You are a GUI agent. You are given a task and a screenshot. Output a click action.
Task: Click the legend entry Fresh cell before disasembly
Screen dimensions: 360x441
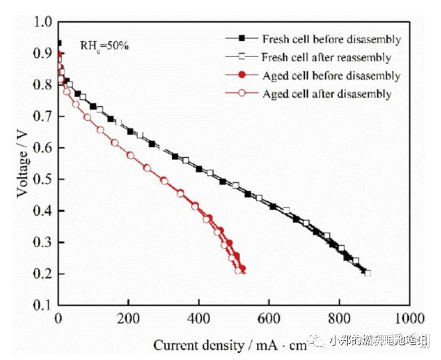click(x=331, y=39)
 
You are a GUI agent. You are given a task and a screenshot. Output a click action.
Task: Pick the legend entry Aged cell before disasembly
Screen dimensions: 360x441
click(x=331, y=76)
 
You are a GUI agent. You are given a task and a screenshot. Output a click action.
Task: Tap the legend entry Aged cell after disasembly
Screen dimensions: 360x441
click(x=327, y=94)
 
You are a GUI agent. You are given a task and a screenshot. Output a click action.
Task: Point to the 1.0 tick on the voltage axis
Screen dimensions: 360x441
click(x=43, y=22)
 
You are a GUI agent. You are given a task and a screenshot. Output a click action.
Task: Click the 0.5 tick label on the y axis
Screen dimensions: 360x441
click(x=43, y=180)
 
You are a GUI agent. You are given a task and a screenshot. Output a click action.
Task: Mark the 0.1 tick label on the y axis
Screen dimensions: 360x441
click(x=43, y=306)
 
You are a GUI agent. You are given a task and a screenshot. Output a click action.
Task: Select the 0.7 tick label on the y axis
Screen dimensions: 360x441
click(x=43, y=117)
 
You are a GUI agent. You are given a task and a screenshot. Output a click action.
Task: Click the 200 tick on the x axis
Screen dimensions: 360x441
click(x=128, y=318)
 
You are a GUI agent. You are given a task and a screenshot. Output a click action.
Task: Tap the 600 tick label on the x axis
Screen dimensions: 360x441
click(x=269, y=318)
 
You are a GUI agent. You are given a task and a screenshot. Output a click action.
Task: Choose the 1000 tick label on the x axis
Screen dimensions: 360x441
click(x=409, y=318)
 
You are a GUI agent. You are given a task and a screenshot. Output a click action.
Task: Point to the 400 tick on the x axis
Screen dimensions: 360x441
click(x=199, y=318)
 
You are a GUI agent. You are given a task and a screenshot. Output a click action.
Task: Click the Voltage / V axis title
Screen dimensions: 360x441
click(x=22, y=163)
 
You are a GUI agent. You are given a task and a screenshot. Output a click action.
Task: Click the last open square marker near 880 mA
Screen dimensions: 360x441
click(x=367, y=273)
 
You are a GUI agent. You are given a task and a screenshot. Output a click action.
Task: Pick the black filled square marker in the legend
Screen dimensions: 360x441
click(x=241, y=39)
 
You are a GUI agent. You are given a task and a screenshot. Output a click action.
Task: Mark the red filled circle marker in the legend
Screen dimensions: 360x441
click(x=241, y=76)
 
